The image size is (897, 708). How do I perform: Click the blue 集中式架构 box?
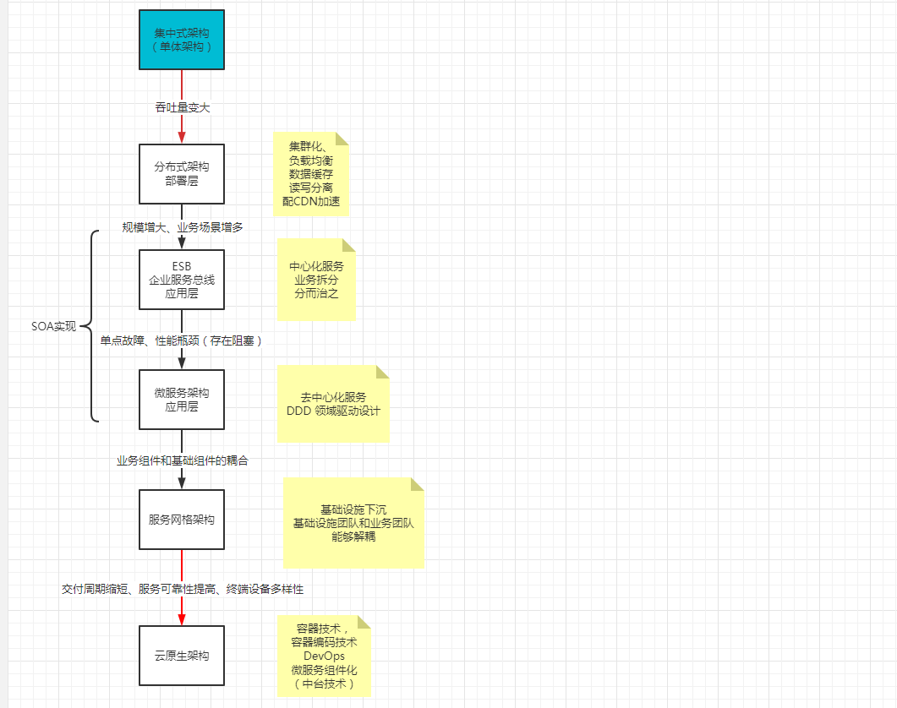pyautogui.click(x=182, y=40)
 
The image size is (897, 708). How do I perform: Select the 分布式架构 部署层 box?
pyautogui.click(x=182, y=174)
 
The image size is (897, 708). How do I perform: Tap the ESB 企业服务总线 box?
pyautogui.click(x=182, y=280)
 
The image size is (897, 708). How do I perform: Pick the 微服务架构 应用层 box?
pyautogui.click(x=182, y=399)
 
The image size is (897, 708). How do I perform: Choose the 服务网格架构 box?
pyautogui.click(x=182, y=520)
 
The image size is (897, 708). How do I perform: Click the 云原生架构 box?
pyautogui.click(x=182, y=656)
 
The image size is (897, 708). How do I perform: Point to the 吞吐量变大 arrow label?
pyautogui.click(x=183, y=107)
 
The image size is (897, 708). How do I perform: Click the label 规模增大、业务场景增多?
pyautogui.click(x=183, y=227)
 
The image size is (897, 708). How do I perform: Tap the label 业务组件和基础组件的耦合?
pyautogui.click(x=183, y=461)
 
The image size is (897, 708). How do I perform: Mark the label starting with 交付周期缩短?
pyautogui.click(x=183, y=589)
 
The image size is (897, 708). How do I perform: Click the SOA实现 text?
pyautogui.click(x=53, y=327)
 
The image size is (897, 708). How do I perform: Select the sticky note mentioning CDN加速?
pyautogui.click(x=311, y=174)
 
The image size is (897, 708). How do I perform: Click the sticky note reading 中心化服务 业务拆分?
pyautogui.click(x=316, y=280)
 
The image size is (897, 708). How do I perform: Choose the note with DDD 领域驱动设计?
pyautogui.click(x=333, y=404)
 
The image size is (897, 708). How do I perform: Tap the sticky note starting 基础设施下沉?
pyautogui.click(x=353, y=523)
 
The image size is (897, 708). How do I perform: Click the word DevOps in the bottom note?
pyautogui.click(x=325, y=656)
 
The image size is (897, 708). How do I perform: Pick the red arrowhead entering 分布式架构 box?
pyautogui.click(x=182, y=137)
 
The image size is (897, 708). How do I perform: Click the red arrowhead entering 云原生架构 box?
pyautogui.click(x=182, y=618)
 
